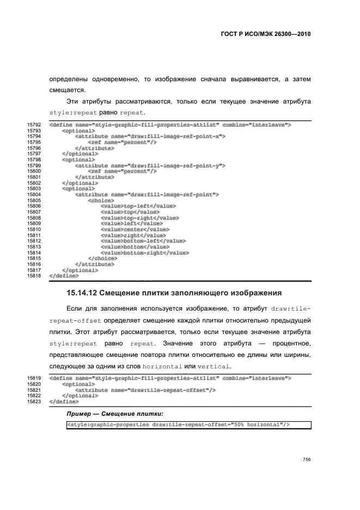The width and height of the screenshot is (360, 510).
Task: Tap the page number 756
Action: [x=307, y=459]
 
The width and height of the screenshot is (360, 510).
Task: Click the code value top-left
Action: [x=138, y=206]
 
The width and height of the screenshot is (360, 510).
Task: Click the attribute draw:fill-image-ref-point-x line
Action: [x=150, y=137]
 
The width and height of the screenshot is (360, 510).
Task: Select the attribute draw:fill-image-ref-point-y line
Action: [x=150, y=166]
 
